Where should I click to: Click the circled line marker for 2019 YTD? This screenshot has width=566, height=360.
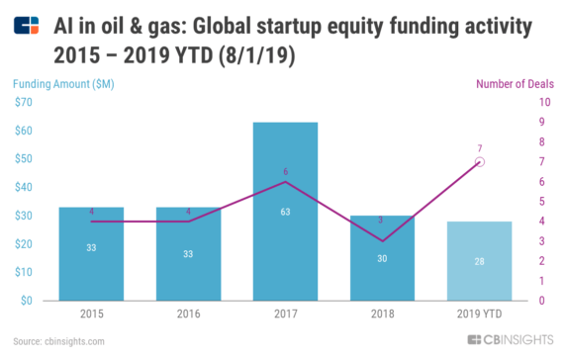479,161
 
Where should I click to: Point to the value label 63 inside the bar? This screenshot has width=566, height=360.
285,212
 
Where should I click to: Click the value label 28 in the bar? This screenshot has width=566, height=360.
479,261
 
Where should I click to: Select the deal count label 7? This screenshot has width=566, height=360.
479,147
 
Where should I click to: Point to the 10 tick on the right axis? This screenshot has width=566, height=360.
544,102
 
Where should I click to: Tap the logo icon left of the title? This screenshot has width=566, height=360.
28,23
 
